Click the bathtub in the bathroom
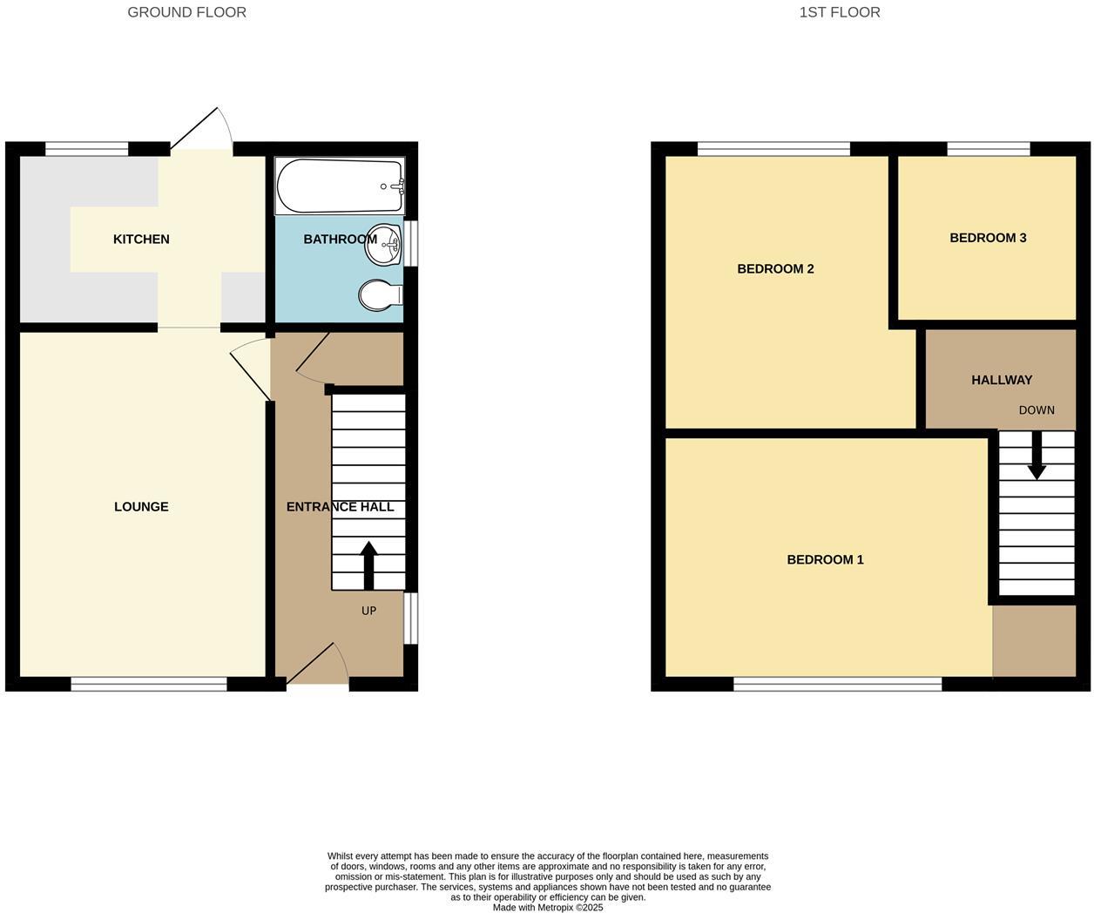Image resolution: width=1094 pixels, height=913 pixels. click(340, 186)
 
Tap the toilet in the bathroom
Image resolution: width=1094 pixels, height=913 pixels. click(380, 295)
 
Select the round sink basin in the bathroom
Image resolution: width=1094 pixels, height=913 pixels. click(383, 244)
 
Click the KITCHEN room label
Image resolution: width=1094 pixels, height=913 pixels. click(141, 240)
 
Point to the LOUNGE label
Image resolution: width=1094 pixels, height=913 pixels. click(141, 507)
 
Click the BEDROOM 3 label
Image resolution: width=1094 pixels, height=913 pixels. click(988, 238)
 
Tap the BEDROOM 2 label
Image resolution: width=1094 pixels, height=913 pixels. click(775, 269)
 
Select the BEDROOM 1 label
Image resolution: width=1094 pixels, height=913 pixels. click(825, 560)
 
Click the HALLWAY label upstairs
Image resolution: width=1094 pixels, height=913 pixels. click(1002, 380)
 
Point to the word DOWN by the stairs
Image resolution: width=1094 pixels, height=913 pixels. click(1037, 410)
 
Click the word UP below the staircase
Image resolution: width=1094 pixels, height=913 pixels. click(368, 611)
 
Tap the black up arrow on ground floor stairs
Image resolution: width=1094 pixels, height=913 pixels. click(368, 565)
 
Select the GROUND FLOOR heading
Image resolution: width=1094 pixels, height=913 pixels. click(186, 12)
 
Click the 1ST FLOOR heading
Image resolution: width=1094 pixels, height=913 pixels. click(840, 12)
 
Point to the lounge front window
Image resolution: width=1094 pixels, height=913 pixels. click(149, 685)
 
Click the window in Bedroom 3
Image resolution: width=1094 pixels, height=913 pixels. click(989, 149)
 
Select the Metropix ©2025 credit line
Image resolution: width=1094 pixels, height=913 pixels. click(548, 907)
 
